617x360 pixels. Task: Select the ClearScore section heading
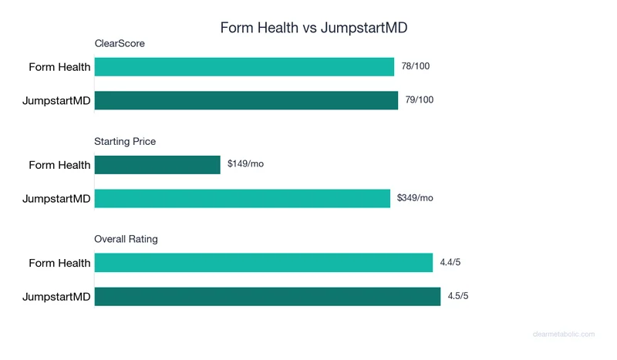[120, 44]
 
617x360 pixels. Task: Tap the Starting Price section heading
[125, 142]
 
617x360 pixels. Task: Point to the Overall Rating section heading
[126, 239]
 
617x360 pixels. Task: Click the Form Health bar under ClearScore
[244, 67]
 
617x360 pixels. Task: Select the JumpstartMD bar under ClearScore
[246, 100]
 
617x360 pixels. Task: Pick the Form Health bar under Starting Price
[157, 165]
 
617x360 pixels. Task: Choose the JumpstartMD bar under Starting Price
[242, 198]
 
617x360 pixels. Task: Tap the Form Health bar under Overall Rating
[264, 263]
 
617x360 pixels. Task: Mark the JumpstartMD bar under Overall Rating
[267, 297]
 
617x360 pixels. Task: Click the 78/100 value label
[416, 66]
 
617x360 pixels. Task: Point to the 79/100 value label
[420, 100]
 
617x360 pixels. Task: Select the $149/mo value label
[246, 164]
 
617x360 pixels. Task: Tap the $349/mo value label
[415, 198]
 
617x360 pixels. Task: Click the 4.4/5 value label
[450, 263]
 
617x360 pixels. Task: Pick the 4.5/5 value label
[458, 297]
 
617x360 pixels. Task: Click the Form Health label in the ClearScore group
[59, 67]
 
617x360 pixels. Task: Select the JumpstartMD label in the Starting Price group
[56, 199]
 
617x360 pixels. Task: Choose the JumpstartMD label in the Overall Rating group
[56, 297]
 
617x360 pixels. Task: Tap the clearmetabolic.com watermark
[564, 335]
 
